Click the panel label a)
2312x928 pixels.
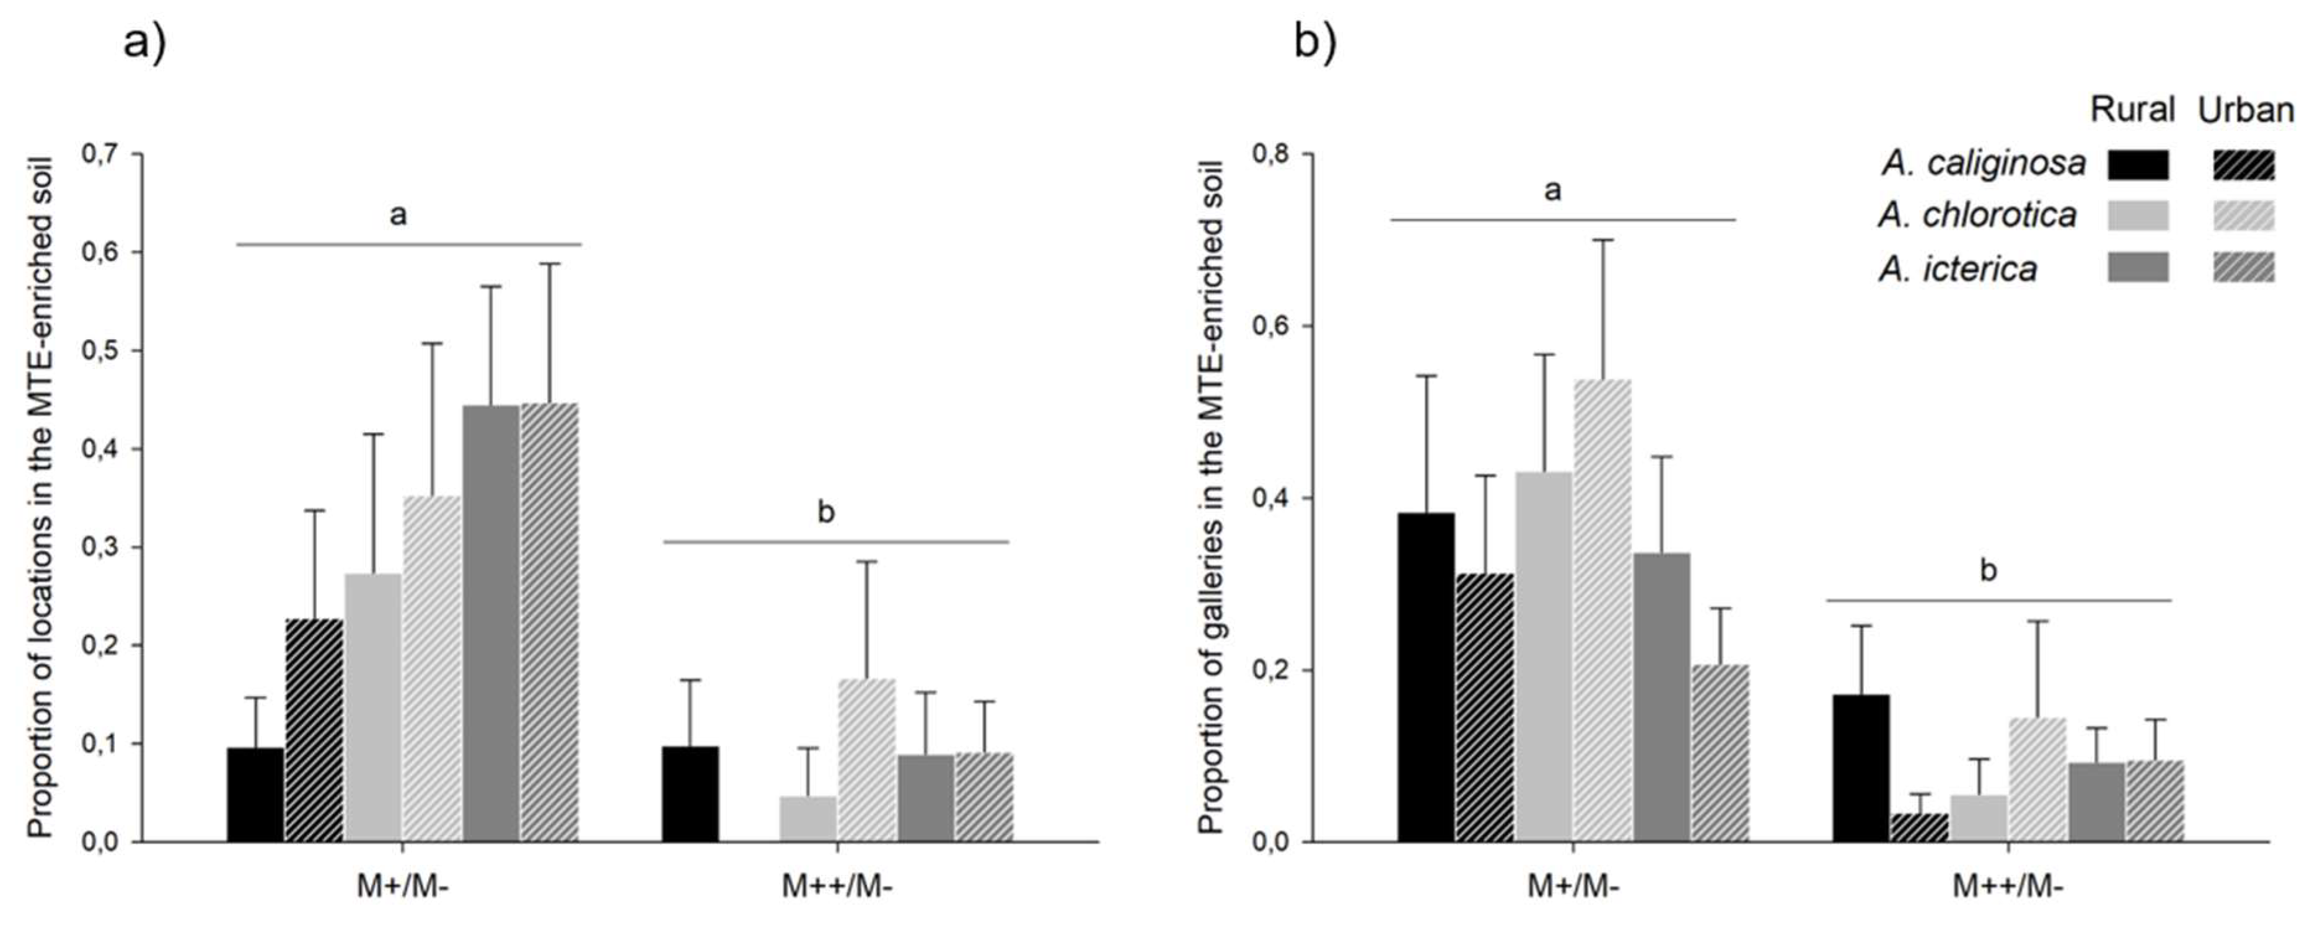tap(144, 42)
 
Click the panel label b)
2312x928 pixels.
tap(1315, 42)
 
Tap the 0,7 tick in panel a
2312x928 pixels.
tap(100, 154)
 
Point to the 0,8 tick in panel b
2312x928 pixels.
tap(1271, 154)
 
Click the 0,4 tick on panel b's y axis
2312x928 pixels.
tap(1271, 498)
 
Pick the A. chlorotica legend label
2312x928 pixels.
tap(1977, 215)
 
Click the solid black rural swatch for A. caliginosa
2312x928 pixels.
tap(2138, 165)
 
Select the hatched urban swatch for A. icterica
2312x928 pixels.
tap(2244, 267)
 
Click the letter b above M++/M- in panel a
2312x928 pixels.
tap(825, 513)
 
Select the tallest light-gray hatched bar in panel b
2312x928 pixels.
tap(1601, 610)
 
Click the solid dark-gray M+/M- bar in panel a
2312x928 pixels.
tap(491, 623)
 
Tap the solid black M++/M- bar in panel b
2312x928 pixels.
tap(1860, 767)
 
